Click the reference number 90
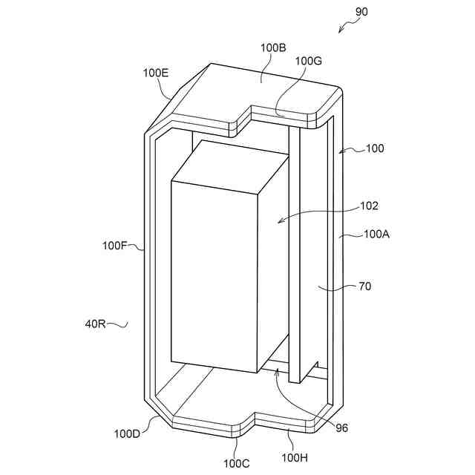[x=361, y=12]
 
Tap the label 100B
[x=273, y=47]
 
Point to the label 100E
[x=156, y=73]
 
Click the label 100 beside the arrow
[x=375, y=148]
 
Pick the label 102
[x=369, y=206]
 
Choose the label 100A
[x=377, y=234]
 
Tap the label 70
[x=365, y=286]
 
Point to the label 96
[x=341, y=427]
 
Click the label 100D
[x=126, y=433]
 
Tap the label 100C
[x=237, y=463]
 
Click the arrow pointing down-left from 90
[x=344, y=27]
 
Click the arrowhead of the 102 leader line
[x=278, y=220]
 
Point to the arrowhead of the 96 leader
[x=276, y=372]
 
